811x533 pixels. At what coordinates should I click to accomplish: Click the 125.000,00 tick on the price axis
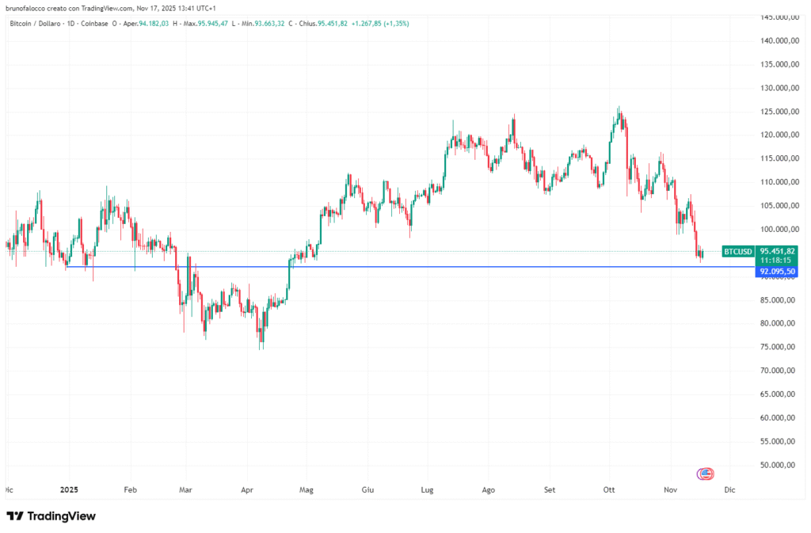point(778,112)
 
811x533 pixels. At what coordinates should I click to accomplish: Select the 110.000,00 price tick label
point(778,182)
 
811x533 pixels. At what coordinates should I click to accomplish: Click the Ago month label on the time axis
point(489,490)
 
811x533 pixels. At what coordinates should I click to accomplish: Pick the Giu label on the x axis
point(367,490)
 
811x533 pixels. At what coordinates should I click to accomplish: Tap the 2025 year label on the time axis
point(69,490)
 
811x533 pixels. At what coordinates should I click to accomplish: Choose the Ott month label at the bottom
point(610,490)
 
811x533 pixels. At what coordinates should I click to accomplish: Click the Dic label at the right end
point(729,490)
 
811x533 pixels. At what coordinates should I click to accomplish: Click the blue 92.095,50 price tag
point(778,272)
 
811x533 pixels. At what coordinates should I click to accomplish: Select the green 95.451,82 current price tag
point(778,251)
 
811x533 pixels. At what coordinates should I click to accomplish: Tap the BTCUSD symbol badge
point(737,252)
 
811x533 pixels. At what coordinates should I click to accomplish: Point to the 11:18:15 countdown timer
point(778,261)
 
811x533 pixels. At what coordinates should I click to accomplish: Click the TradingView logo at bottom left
point(51,516)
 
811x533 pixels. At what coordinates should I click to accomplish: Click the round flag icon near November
point(705,474)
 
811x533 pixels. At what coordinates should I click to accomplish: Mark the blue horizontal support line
point(396,267)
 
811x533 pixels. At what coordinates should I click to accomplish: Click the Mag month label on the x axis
point(306,490)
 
